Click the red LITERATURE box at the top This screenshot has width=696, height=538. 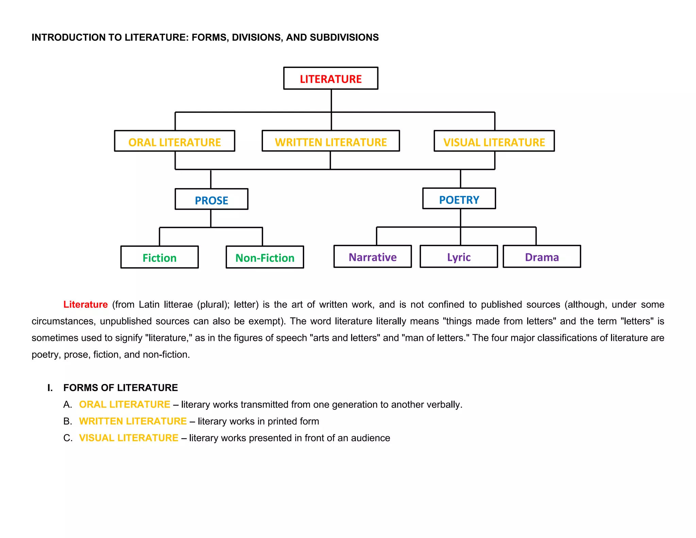point(331,79)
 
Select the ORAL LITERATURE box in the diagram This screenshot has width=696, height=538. point(175,141)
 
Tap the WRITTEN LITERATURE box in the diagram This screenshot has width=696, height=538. point(331,141)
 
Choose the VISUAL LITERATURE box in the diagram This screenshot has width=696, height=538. point(494,141)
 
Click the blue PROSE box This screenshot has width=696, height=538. point(211,200)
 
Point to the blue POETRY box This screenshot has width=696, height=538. point(459,199)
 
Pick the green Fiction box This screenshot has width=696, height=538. point(159,257)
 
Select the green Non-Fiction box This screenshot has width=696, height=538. point(265,257)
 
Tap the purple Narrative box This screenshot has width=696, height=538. point(372,257)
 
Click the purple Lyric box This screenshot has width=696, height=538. point(459,257)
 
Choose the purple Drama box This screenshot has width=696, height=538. point(542,257)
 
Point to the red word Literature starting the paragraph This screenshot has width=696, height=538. point(86,304)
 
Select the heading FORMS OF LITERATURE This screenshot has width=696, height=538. point(121,388)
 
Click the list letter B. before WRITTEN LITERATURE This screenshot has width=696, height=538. point(68,421)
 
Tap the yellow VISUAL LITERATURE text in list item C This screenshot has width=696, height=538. point(128,438)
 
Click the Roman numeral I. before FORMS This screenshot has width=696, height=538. point(50,388)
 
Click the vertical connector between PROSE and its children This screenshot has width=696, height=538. point(211,218)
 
